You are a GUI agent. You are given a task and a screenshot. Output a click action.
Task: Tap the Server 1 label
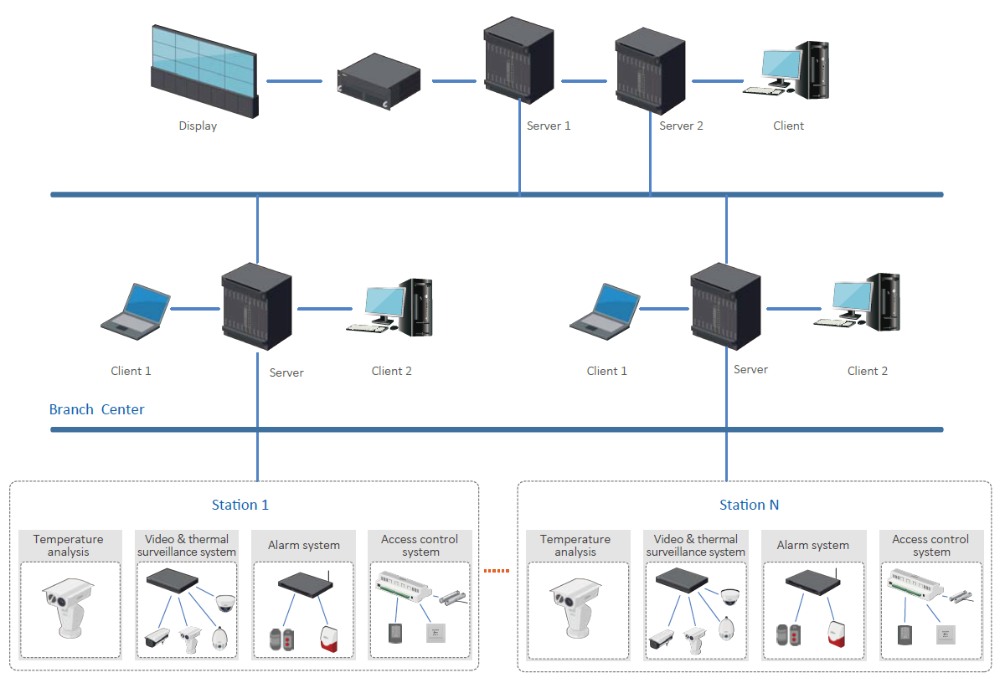549,126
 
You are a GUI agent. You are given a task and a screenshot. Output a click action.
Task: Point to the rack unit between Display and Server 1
378,82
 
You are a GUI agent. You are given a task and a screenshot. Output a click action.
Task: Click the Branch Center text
96,409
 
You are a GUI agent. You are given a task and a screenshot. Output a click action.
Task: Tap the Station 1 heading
240,505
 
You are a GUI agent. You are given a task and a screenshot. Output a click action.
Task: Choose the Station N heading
750,505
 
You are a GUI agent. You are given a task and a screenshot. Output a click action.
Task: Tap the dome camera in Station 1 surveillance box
224,602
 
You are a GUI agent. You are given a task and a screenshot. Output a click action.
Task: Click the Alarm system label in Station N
812,545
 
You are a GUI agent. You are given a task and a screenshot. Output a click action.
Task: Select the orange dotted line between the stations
497,572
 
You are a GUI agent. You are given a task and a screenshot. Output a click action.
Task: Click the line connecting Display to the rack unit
294,81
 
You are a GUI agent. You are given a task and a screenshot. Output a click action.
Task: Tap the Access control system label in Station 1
420,545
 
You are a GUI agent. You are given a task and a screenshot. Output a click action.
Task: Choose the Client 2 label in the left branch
392,371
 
